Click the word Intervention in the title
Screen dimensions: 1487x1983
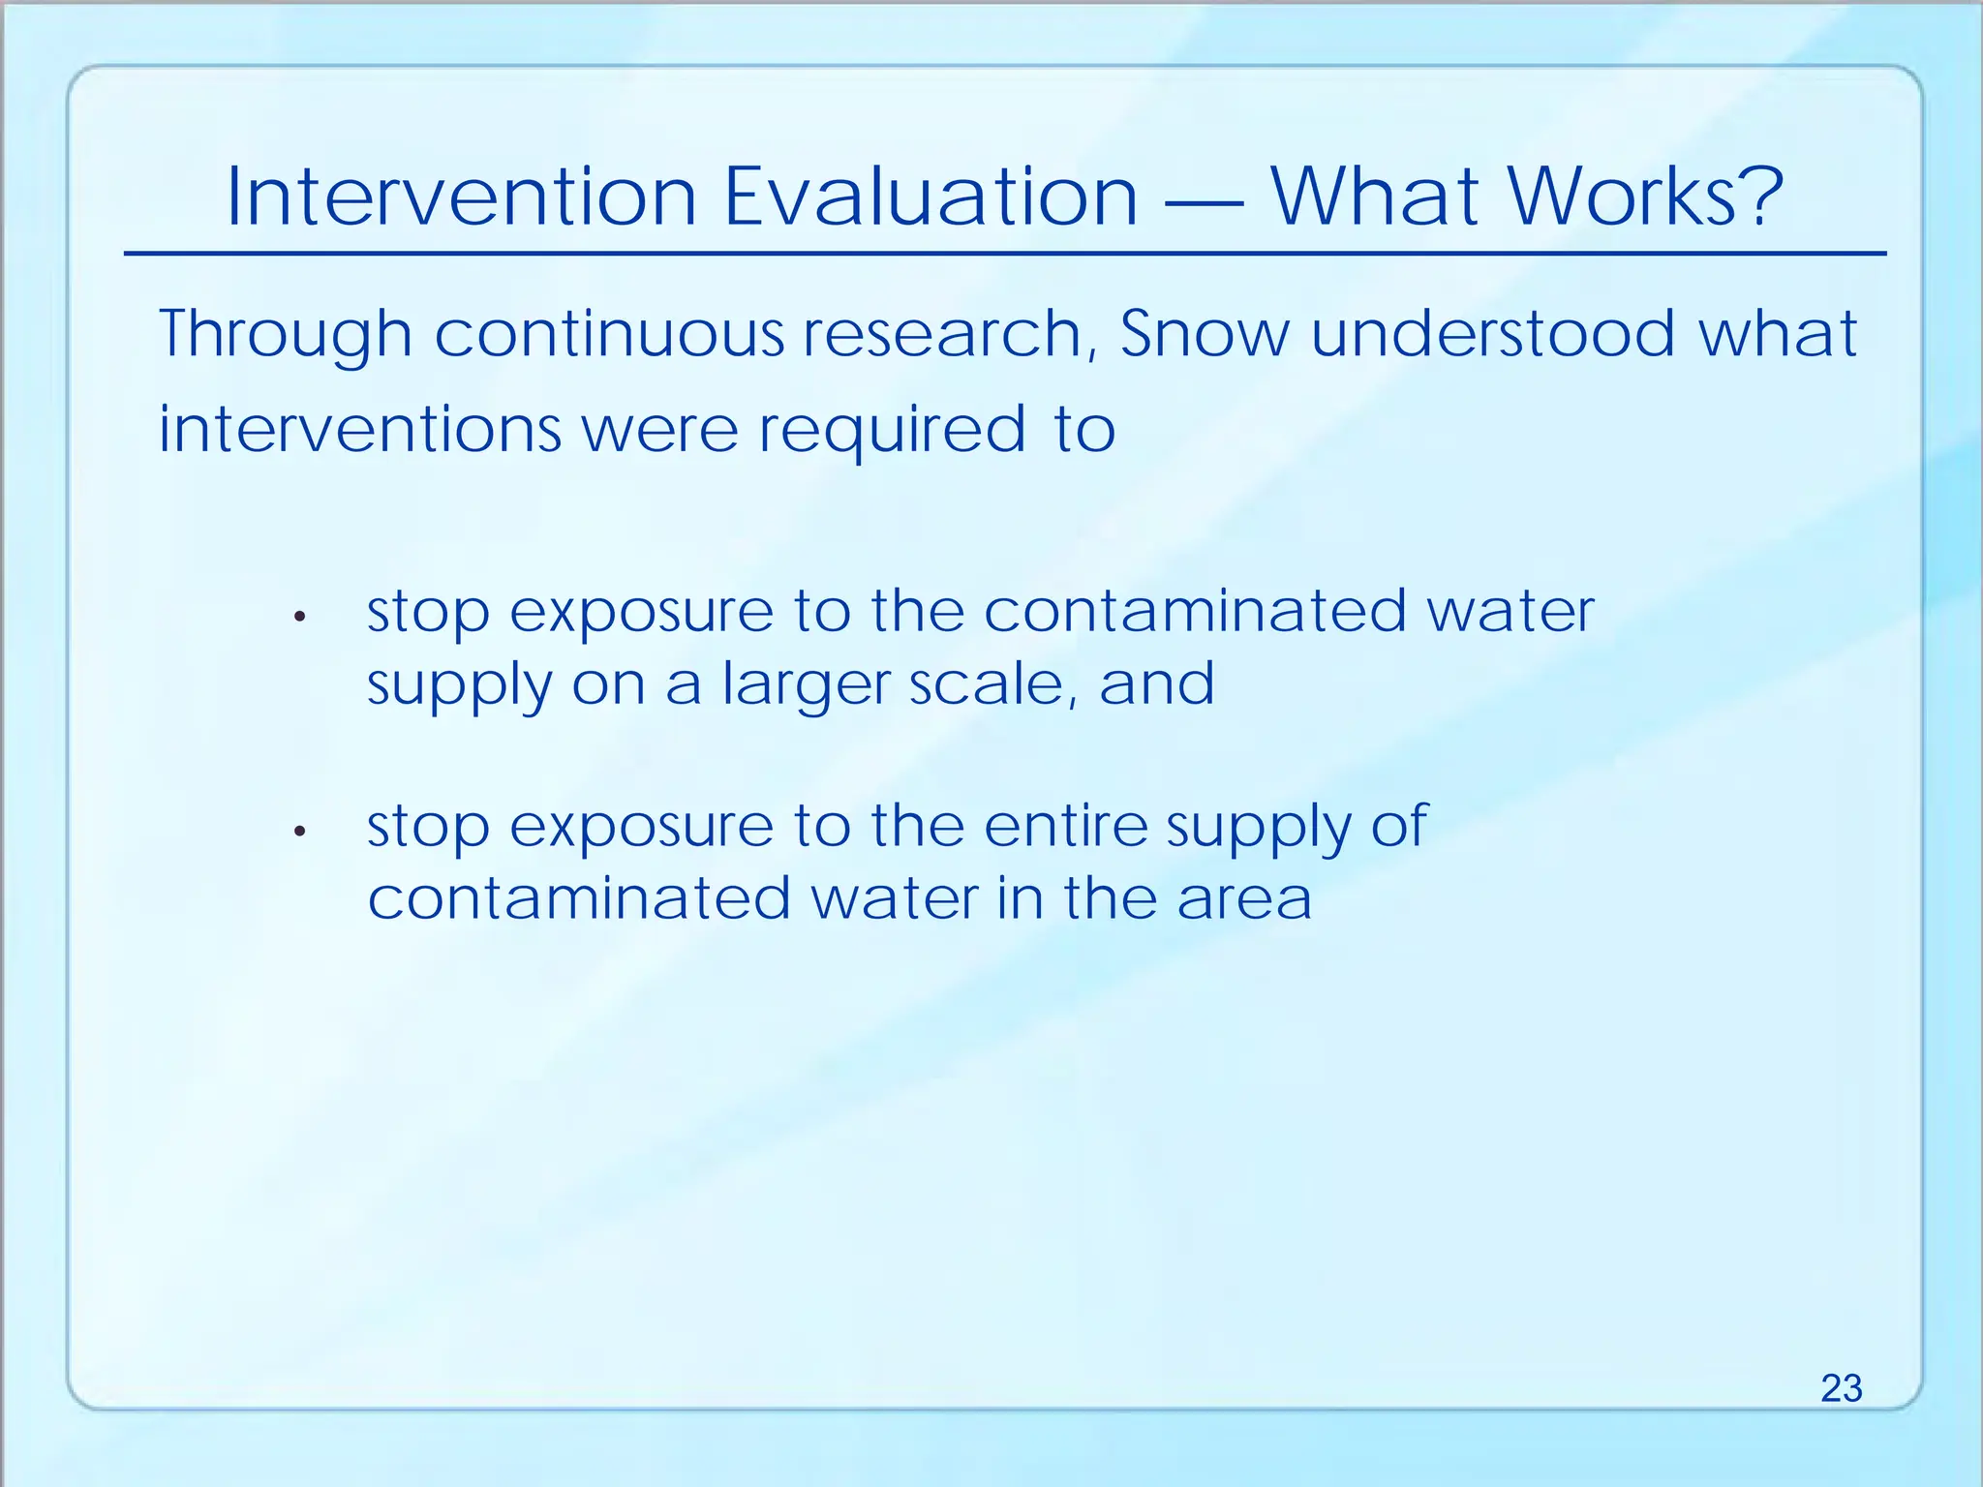461,197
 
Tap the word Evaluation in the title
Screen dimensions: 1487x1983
930,197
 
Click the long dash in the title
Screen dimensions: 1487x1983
1204,203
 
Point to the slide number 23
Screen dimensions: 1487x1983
1841,1388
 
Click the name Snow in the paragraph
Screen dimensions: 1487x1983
1205,334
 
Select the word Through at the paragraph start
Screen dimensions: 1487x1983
285,334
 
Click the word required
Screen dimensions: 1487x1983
891,431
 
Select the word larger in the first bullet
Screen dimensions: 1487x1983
806,685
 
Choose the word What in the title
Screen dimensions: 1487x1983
1372,197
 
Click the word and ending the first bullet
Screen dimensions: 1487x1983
1156,683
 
